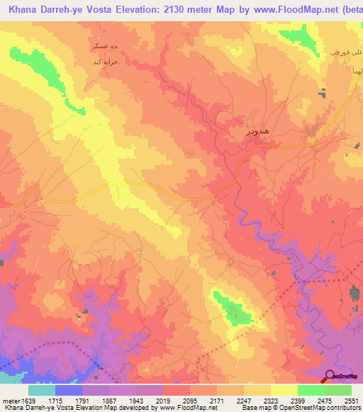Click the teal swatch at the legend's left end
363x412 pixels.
coord(41,390)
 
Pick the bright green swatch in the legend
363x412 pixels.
coord(311,390)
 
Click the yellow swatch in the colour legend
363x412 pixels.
coord(284,390)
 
